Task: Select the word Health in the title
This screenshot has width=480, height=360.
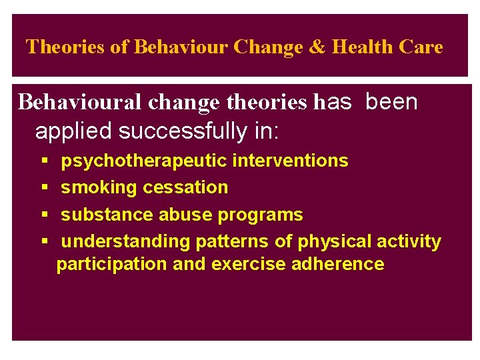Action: pyautogui.click(x=363, y=47)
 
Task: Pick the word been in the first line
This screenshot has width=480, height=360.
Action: pyautogui.click(x=392, y=102)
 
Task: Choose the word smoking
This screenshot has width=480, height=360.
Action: pyautogui.click(x=97, y=187)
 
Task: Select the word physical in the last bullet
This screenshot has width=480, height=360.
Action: pyautogui.click(x=334, y=241)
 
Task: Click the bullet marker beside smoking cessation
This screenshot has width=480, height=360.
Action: pyautogui.click(x=43, y=188)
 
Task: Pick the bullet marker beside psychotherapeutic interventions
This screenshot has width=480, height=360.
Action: pyautogui.click(x=43, y=161)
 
